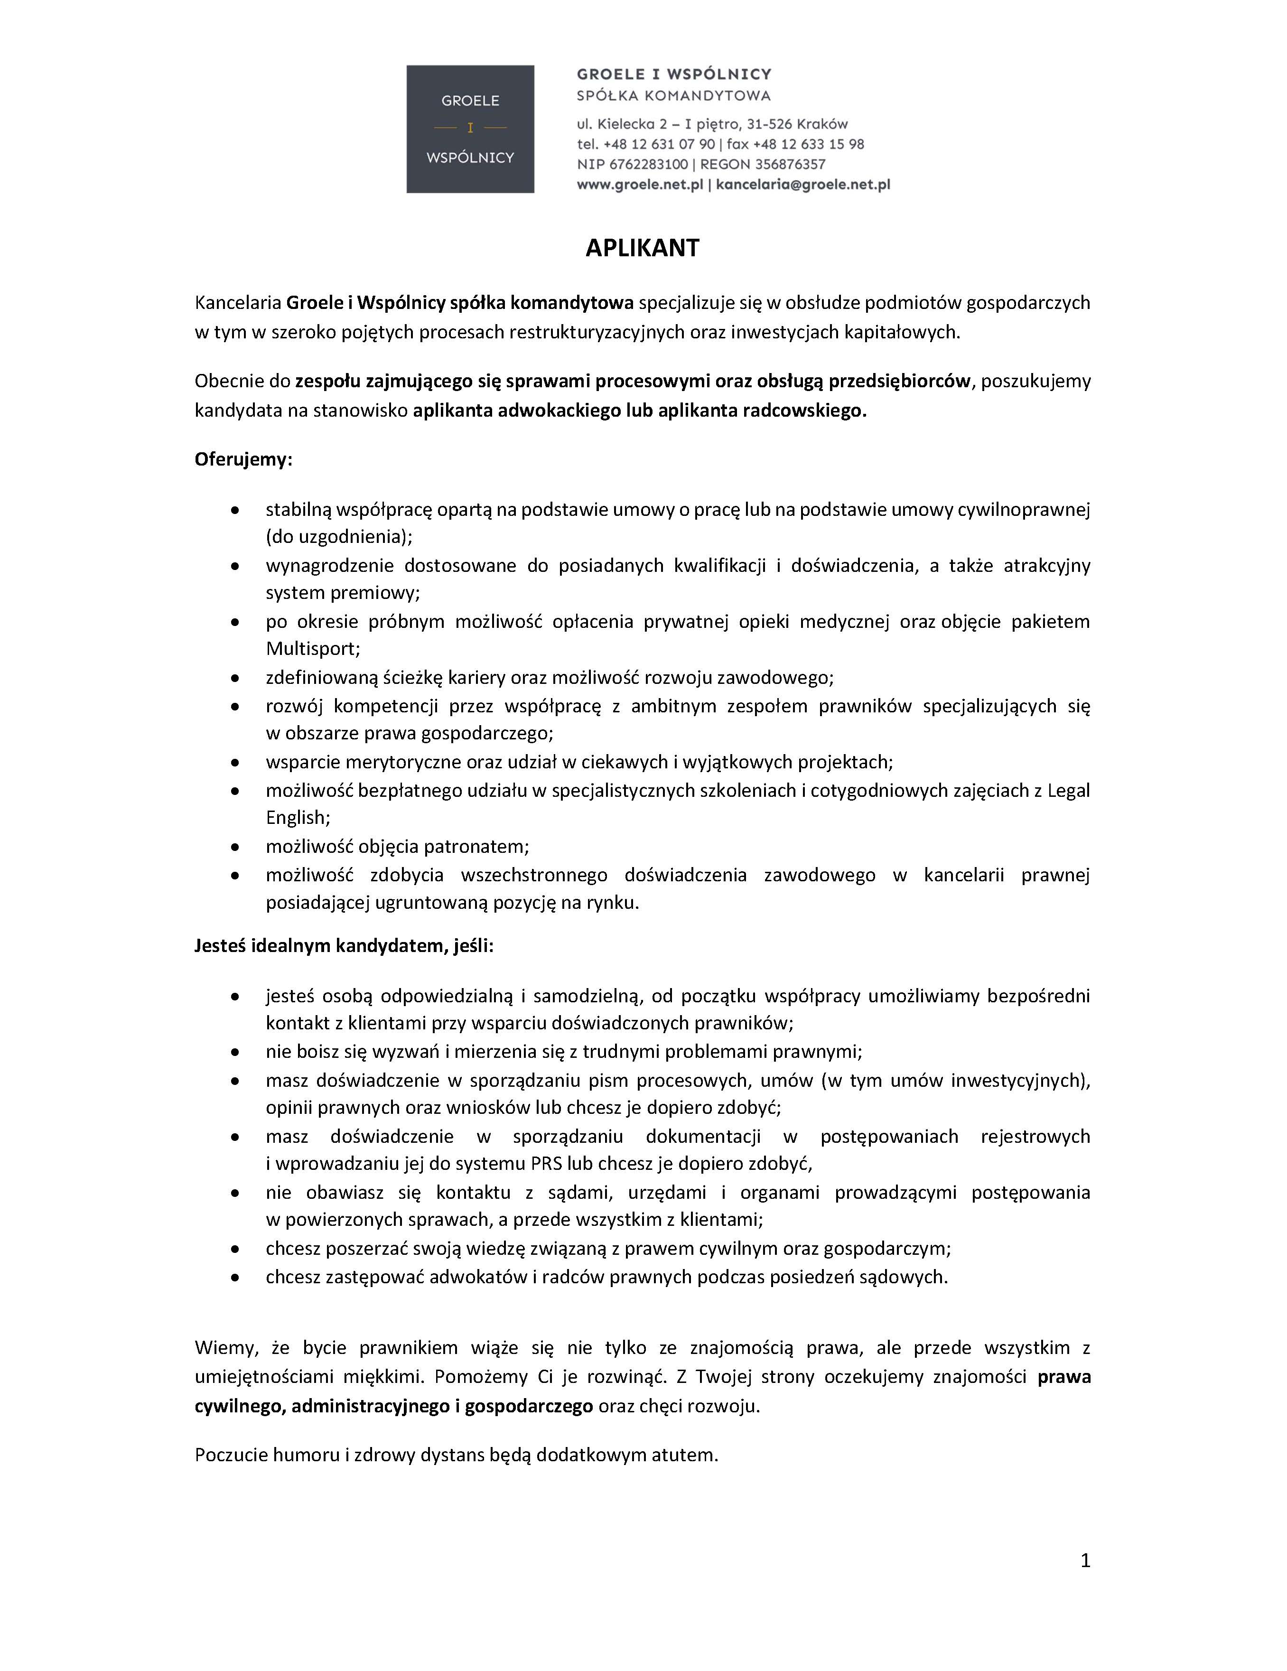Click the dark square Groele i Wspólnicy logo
click(x=470, y=129)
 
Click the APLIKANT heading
click(x=642, y=248)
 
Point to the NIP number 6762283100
click(x=648, y=164)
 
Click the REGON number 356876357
click(x=791, y=164)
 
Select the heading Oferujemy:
click(x=243, y=459)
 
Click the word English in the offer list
click(x=297, y=818)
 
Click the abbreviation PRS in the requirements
click(x=547, y=1164)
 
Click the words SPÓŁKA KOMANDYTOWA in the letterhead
click(x=673, y=96)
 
